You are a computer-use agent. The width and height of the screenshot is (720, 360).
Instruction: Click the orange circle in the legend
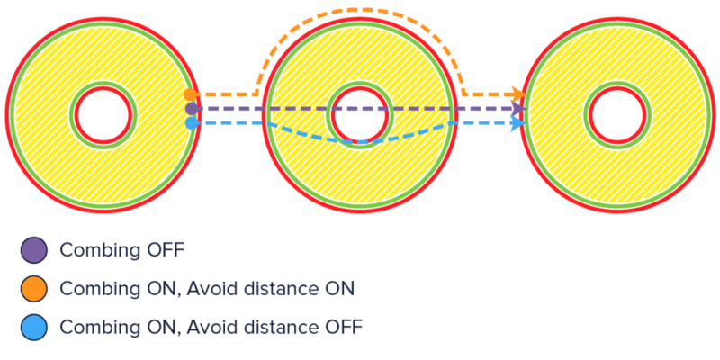coord(34,288)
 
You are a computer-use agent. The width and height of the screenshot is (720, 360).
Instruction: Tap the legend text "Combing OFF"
coord(121,250)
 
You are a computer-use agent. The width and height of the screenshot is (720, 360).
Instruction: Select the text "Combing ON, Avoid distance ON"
coord(206,288)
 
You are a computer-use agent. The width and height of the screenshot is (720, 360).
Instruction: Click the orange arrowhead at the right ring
coord(517,94)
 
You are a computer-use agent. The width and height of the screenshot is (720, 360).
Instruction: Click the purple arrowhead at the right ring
coord(517,109)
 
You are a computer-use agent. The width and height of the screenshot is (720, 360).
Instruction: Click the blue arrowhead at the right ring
coord(516,123)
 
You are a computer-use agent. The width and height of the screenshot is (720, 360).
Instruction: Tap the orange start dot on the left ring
coord(190,94)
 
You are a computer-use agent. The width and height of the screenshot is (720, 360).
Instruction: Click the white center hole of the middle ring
coord(358,112)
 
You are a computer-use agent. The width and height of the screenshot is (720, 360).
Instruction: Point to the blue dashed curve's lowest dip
coord(360,142)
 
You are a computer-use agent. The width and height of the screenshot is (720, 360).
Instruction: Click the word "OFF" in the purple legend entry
coord(164,250)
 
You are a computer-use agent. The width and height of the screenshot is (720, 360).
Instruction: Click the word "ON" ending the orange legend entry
coord(338,288)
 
